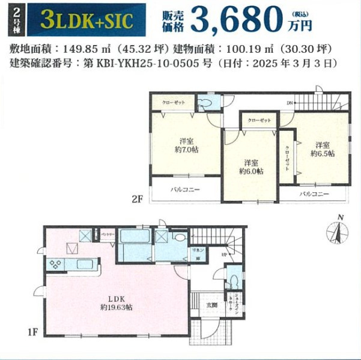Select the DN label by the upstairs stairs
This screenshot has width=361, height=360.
290,103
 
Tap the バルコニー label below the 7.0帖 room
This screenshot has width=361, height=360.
185,189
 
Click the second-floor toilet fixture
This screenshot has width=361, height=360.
206,103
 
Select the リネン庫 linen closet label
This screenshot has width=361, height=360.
196,253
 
